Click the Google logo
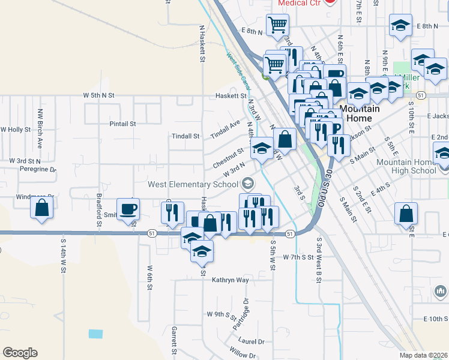[x=20, y=353]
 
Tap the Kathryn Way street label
[x=230, y=280]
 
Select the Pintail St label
[x=123, y=124]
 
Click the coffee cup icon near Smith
[x=129, y=209]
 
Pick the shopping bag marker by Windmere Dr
[x=42, y=208]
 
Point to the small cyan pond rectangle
[x=95, y=333]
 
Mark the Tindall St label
[x=185, y=136]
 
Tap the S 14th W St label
[x=62, y=254]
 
